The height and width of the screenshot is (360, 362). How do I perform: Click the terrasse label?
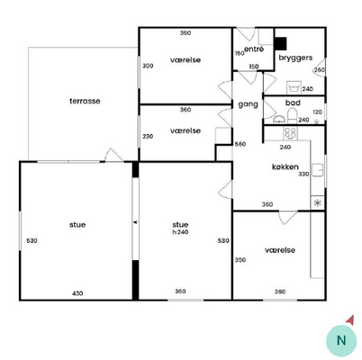(x=85, y=101)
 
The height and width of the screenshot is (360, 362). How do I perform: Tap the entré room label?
(x=254, y=49)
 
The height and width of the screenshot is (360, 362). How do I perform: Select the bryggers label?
(x=295, y=58)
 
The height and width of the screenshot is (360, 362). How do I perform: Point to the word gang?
(x=248, y=104)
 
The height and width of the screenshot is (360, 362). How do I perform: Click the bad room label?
(x=293, y=103)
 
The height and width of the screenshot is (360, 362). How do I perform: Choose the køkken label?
(x=285, y=167)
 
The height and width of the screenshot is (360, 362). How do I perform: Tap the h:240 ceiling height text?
(x=180, y=232)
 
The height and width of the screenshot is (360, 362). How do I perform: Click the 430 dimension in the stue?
(x=77, y=293)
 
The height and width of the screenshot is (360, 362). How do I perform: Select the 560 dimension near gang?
(x=240, y=144)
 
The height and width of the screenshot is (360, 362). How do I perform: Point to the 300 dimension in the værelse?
(x=148, y=66)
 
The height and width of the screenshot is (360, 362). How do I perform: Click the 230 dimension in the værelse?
(x=148, y=137)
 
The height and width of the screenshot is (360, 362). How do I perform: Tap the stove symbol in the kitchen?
(x=291, y=133)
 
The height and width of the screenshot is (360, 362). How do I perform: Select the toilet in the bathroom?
(x=292, y=116)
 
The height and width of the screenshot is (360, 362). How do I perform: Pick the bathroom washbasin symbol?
(x=279, y=120)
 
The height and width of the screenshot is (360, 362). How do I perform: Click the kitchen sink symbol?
(x=317, y=170)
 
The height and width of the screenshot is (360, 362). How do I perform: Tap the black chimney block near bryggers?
(x=281, y=43)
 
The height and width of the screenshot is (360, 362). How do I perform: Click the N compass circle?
(x=341, y=340)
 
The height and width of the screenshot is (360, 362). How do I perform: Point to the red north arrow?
(x=350, y=320)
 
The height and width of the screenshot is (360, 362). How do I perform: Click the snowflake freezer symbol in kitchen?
(x=317, y=203)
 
